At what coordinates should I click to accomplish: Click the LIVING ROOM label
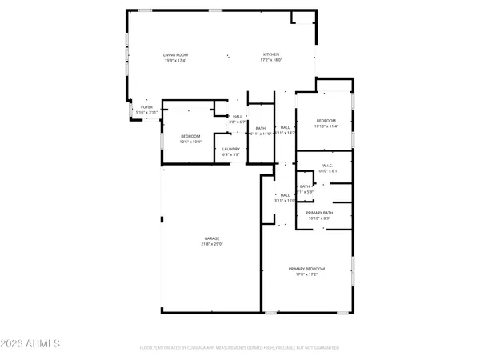click(x=176, y=55)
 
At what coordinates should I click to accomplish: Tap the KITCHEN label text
click(x=272, y=55)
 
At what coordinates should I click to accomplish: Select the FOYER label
click(x=146, y=106)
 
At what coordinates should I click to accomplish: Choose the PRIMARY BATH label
click(x=318, y=213)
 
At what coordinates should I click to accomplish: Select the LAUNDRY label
click(x=231, y=149)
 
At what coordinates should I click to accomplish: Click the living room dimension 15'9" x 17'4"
click(x=176, y=61)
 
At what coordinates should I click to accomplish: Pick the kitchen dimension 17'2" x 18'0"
click(x=272, y=61)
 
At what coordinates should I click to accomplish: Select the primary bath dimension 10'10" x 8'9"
click(x=318, y=218)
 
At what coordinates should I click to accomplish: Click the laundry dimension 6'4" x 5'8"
click(x=231, y=154)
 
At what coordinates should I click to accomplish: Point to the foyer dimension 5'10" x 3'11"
click(x=146, y=112)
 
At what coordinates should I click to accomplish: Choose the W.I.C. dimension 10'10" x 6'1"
click(x=328, y=171)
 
